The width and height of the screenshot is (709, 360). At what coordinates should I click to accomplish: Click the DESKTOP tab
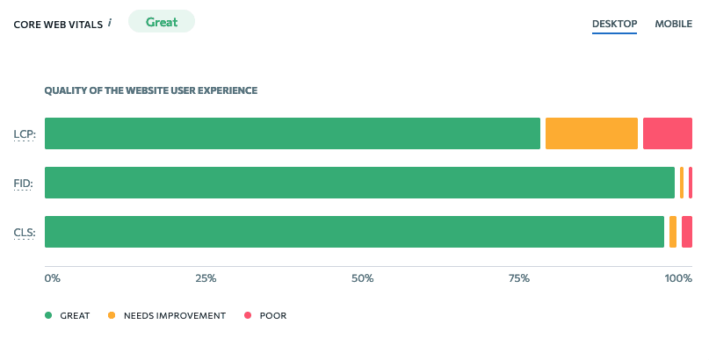pyautogui.click(x=614, y=24)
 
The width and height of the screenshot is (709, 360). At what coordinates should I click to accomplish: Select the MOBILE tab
pyautogui.click(x=673, y=24)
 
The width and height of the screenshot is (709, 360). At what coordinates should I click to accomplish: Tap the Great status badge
pyautogui.click(x=162, y=22)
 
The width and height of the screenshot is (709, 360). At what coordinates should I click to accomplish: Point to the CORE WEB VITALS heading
pyautogui.click(x=58, y=24)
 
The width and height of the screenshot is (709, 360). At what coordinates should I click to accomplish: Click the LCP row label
pyautogui.click(x=24, y=134)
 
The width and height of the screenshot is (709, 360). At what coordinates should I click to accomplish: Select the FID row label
pyautogui.click(x=24, y=184)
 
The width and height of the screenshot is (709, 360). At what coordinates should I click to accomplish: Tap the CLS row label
pyautogui.click(x=24, y=233)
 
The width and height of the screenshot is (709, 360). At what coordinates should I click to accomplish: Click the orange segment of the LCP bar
pyautogui.click(x=591, y=133)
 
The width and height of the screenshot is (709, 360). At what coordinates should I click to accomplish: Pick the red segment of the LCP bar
pyautogui.click(x=667, y=133)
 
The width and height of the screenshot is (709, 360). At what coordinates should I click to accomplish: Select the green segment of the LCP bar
pyautogui.click(x=292, y=133)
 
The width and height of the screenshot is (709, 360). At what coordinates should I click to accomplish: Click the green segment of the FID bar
pyautogui.click(x=359, y=183)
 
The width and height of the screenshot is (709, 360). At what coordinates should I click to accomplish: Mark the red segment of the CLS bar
pyautogui.click(x=686, y=232)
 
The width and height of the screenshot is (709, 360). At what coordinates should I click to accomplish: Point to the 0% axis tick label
pyautogui.click(x=53, y=278)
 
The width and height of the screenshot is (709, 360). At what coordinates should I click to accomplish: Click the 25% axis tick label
pyautogui.click(x=206, y=278)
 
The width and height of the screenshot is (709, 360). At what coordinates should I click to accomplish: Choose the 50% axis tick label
pyautogui.click(x=362, y=278)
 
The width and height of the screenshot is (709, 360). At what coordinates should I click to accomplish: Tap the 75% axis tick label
pyautogui.click(x=518, y=278)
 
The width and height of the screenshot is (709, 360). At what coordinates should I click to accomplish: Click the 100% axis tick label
pyautogui.click(x=678, y=278)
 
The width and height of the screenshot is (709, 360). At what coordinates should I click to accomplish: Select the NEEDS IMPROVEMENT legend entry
pyautogui.click(x=167, y=315)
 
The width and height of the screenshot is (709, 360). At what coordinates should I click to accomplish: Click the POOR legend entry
pyautogui.click(x=266, y=315)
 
